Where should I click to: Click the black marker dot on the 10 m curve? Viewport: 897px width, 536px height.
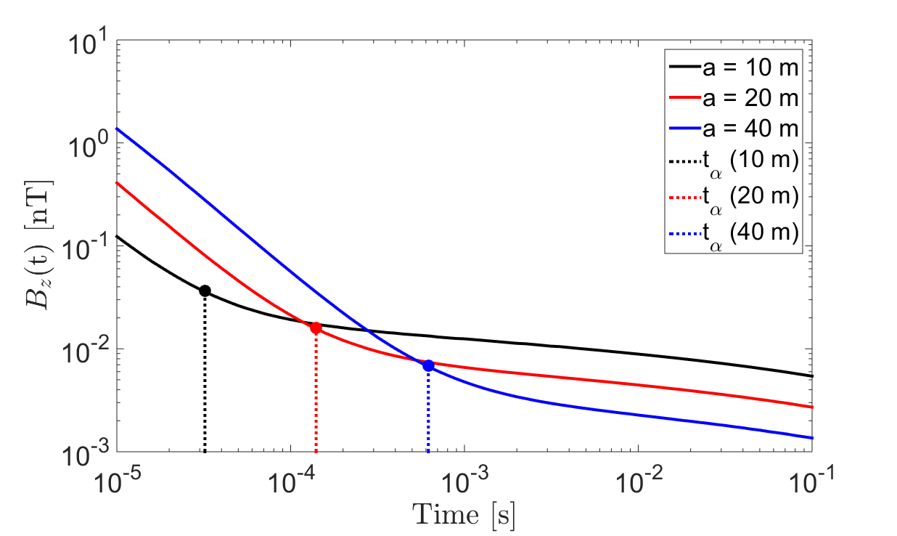click(x=205, y=291)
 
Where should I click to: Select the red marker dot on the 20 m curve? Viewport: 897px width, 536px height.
click(x=316, y=328)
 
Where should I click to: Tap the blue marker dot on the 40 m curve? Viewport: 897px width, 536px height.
click(x=428, y=365)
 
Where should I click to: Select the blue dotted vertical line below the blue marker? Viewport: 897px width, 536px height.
click(x=428, y=410)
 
